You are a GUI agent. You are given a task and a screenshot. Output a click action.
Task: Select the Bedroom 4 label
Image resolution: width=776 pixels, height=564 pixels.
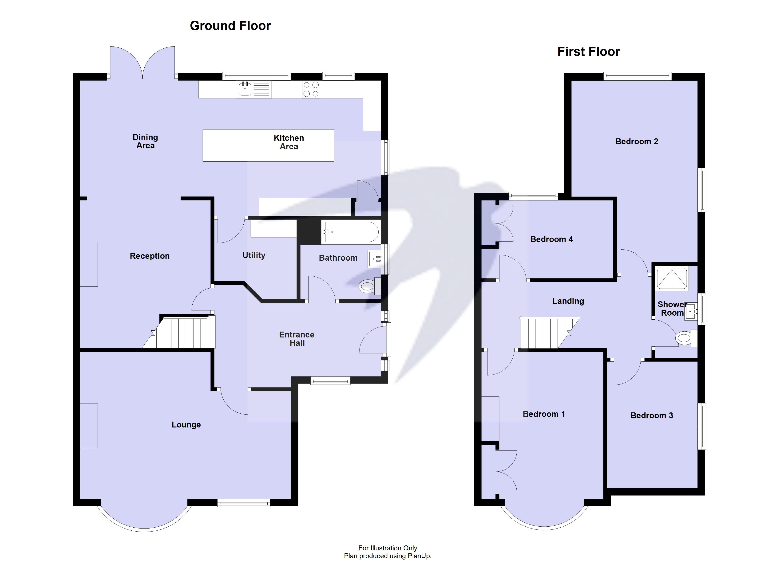point(551,239)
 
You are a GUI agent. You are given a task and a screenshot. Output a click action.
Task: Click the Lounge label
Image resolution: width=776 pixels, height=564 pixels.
point(186,425)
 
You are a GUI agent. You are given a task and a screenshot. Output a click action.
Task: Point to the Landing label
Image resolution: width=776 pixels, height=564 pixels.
point(568,301)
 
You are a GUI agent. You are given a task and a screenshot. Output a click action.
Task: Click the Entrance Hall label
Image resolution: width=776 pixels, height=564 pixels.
point(297,339)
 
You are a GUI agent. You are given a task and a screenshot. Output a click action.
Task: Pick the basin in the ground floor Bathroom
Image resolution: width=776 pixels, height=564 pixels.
point(374,259)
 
